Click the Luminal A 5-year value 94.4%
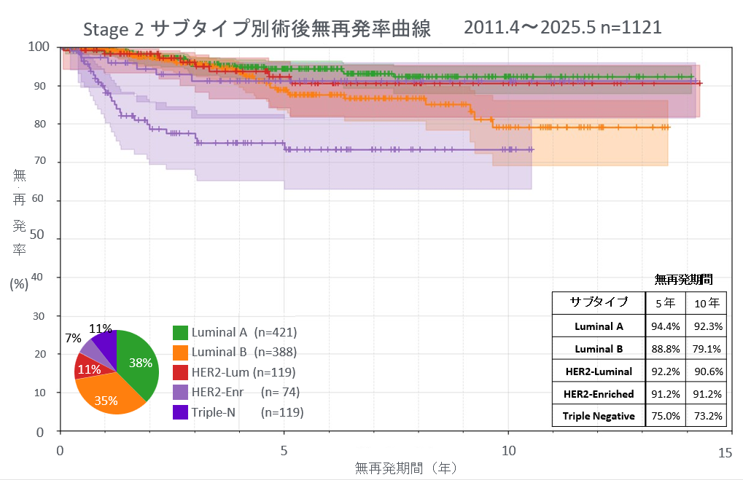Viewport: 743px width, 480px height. click(x=665, y=326)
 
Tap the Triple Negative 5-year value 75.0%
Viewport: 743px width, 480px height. click(x=665, y=417)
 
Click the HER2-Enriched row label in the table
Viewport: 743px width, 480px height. click(x=598, y=394)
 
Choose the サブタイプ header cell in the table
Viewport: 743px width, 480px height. click(x=598, y=303)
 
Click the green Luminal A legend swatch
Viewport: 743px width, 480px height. click(x=181, y=333)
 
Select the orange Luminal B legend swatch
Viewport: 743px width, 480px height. click(x=181, y=353)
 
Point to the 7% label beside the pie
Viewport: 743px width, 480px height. click(x=73, y=339)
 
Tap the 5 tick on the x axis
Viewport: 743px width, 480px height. click(x=285, y=451)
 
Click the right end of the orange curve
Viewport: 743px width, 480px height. click(x=668, y=127)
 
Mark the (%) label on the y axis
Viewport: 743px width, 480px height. click(x=19, y=284)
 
